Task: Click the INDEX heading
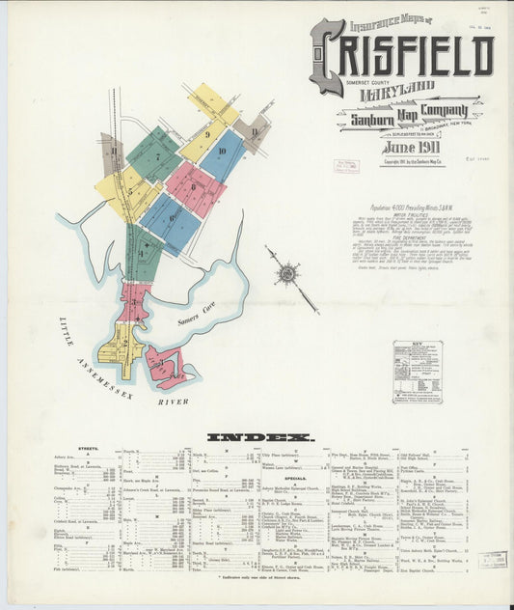click(x=260, y=437)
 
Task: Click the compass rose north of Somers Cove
click(x=286, y=272)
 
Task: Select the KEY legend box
click(x=417, y=372)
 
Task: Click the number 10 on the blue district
click(x=222, y=152)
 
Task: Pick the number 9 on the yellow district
click(x=207, y=133)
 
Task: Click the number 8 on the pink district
click(x=193, y=186)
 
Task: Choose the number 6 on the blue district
click(x=172, y=218)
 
